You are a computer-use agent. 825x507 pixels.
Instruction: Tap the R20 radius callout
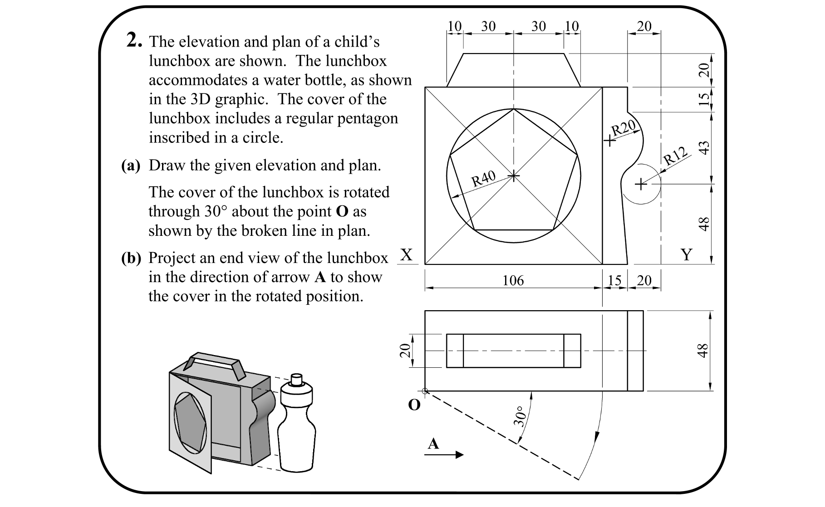click(624, 128)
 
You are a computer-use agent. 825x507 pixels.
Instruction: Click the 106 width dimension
click(513, 281)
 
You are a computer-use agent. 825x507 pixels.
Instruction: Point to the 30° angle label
click(520, 417)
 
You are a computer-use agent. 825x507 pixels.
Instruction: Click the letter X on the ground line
click(407, 255)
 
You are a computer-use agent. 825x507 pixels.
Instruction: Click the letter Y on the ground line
click(687, 255)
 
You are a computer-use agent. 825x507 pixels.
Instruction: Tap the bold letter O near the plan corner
click(414, 405)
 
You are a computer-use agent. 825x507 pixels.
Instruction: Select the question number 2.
click(135, 41)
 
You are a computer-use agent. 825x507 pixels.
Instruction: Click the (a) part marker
click(131, 166)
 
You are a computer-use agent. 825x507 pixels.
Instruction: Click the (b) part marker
click(131, 258)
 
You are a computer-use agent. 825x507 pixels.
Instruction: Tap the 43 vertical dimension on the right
click(703, 148)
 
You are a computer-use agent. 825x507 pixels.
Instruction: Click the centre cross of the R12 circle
click(640, 184)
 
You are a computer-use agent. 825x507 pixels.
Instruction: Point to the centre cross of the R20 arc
click(610, 141)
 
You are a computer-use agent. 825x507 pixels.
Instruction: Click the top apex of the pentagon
click(513, 109)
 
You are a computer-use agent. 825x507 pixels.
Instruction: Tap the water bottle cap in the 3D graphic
click(296, 379)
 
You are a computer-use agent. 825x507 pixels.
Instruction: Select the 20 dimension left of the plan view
click(404, 351)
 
